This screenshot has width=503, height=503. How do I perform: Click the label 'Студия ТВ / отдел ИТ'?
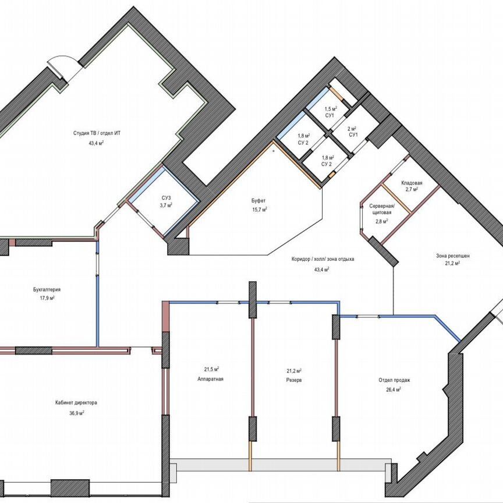point(97,133)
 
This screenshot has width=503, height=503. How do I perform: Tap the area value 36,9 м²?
point(77,413)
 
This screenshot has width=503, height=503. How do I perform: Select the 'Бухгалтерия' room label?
point(47,289)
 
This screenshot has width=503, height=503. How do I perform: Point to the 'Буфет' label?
point(258,201)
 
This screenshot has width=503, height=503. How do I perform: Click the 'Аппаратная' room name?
point(210,379)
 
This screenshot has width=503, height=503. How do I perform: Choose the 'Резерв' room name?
point(294,380)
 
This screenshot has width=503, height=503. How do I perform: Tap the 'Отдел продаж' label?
point(394,380)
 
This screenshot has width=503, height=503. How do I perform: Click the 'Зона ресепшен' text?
point(453,256)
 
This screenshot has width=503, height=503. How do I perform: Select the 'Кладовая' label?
point(412,183)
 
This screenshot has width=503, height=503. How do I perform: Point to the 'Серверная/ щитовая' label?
point(382,209)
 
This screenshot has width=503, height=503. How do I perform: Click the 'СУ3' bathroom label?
point(167,197)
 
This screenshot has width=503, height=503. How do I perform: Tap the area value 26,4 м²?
point(394,389)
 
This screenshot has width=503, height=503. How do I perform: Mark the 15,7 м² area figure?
point(260,210)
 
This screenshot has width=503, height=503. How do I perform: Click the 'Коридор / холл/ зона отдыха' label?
point(323,259)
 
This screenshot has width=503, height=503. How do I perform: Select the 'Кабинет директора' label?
point(76,403)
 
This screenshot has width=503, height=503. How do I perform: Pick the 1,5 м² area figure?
point(330,109)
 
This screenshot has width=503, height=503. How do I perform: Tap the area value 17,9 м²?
point(47,298)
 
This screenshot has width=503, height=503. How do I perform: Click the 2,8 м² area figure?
point(382,221)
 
